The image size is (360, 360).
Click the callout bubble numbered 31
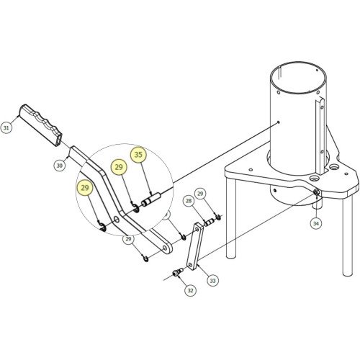tap(6, 127)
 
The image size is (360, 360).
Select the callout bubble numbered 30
tap(60, 166)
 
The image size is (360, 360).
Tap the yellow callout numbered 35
tap(138, 155)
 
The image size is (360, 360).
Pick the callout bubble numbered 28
tap(189, 201)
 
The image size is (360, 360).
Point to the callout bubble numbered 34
tap(316, 223)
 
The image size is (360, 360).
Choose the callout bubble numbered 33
tap(212, 281)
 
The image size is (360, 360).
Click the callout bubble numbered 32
tap(190, 290)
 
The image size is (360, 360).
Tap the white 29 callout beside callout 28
tap(200, 194)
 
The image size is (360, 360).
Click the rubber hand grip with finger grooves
tap(40, 125)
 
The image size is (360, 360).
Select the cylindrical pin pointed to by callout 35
tap(151, 199)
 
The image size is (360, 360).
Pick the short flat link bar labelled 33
tap(195, 247)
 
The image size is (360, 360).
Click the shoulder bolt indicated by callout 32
tap(178, 273)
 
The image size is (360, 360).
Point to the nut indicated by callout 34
tap(316, 192)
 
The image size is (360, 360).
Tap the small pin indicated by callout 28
tap(208, 222)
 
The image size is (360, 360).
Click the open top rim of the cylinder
tap(298, 78)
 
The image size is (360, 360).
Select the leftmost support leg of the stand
tap(231, 218)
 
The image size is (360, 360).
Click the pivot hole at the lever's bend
tap(117, 220)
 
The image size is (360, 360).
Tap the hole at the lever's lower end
tap(165, 248)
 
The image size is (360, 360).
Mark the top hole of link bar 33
tap(197, 230)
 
